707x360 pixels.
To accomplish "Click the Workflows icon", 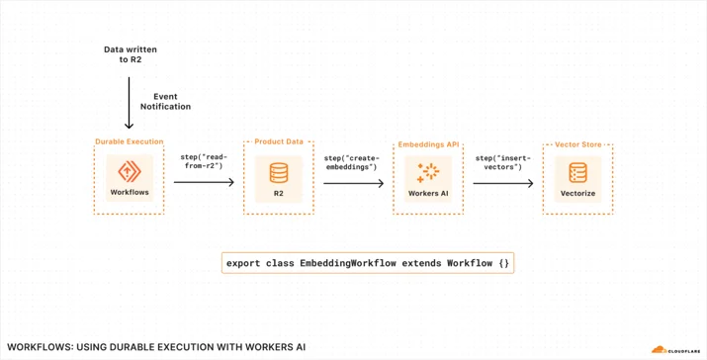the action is coord(130,171).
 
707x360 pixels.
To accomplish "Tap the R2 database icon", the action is coord(279,173).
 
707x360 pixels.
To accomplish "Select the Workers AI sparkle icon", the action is coord(428,173).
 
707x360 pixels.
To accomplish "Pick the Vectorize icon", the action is coord(578,173).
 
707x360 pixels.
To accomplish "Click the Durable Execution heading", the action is coord(129,141).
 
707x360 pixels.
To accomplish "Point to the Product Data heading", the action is coord(279,141).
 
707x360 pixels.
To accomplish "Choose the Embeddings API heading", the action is coord(428,144).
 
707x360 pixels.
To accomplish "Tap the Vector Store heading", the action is coord(578,144).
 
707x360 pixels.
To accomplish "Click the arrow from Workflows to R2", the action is coord(204,182).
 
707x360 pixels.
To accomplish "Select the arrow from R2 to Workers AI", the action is coord(354,183).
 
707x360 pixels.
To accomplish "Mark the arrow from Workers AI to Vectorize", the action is coord(503,183).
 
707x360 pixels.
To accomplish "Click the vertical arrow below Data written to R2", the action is coord(129,103).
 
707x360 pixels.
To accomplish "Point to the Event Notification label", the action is coord(165,102).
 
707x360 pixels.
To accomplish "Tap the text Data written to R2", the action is coord(131,54).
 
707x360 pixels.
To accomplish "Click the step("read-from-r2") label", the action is coord(204,161).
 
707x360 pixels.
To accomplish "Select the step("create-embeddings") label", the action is coord(352,163).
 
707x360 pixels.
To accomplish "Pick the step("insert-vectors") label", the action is coord(503,163).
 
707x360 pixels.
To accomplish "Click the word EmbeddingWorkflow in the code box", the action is coord(348,263).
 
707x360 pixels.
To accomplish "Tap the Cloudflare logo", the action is coord(676,350).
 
